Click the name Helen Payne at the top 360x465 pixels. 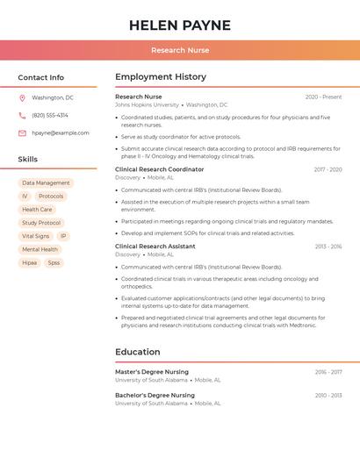pos(180,25)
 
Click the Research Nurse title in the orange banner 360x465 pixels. pos(180,50)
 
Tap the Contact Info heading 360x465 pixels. pos(41,77)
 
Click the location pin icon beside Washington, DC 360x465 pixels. pos(22,98)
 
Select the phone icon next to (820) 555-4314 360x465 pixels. pos(22,116)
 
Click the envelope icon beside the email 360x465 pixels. pos(22,133)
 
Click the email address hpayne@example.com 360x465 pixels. pos(61,133)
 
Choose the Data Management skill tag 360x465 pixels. pos(46,183)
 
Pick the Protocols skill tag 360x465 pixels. pos(51,197)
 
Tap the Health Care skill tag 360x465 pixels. pos(37,210)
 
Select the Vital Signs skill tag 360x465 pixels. pos(36,236)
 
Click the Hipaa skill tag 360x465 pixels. pos(30,262)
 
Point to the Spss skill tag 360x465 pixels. pos(54,262)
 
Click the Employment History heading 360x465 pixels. pos(161,77)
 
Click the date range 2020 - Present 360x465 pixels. pos(323,97)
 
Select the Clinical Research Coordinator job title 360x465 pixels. pos(159,169)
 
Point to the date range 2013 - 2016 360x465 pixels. pos(328,247)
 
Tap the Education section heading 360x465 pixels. pos(138,352)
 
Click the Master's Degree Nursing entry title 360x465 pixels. pos(152,372)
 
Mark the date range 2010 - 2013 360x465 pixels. pos(328,396)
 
